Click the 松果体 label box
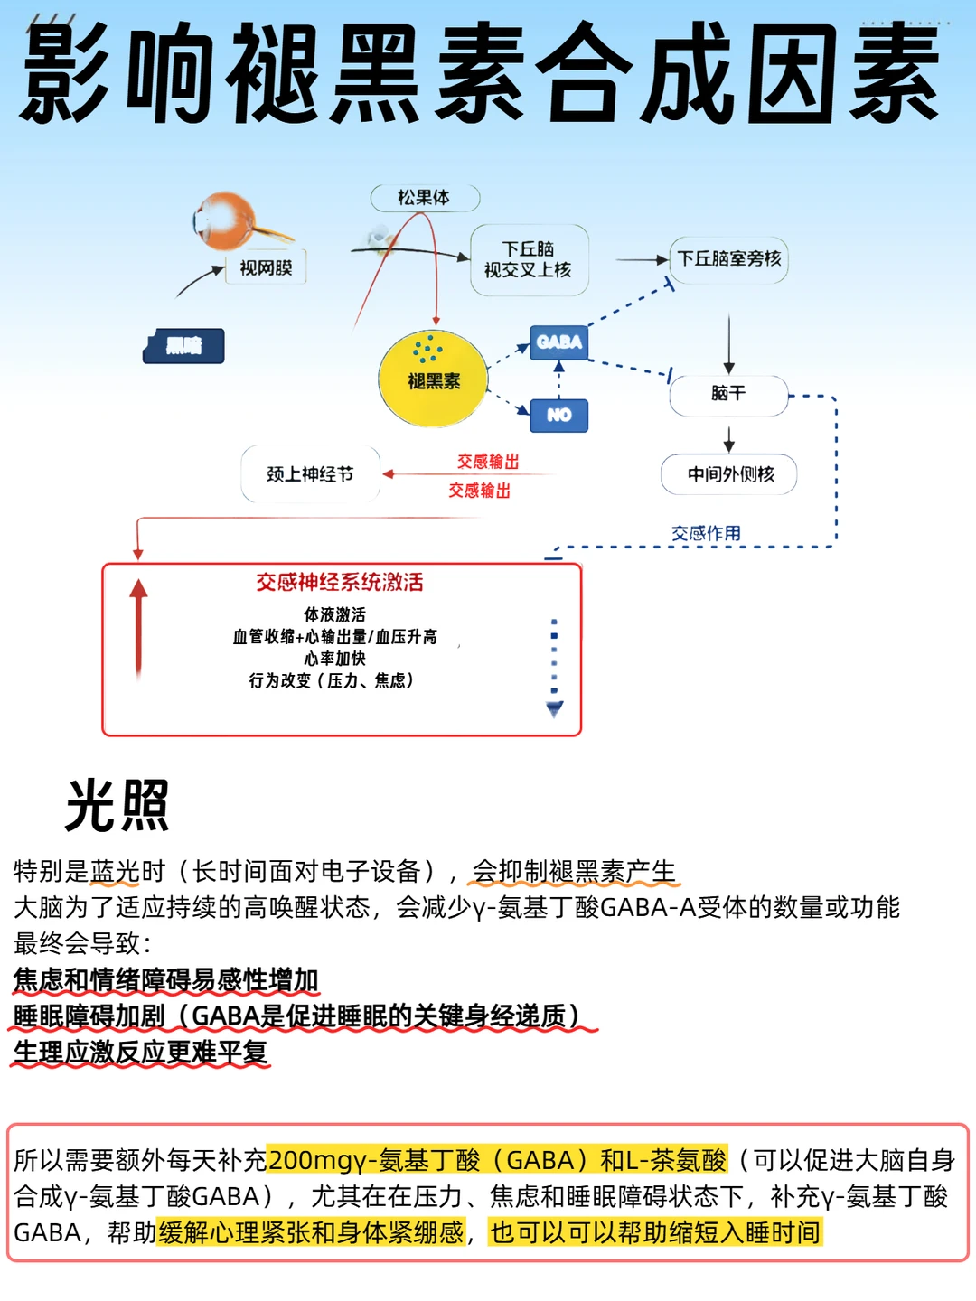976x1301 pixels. tap(424, 197)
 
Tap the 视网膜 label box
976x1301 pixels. tap(266, 267)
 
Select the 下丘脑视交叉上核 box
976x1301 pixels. tap(529, 259)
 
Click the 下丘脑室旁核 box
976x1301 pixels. tap(729, 259)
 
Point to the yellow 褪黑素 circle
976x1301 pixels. tap(434, 379)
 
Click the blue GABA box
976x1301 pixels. tap(558, 342)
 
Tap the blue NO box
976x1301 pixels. tap(558, 415)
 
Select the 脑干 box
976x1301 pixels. tap(728, 394)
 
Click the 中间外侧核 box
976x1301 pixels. tap(729, 474)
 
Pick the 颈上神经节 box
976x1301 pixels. tap(310, 474)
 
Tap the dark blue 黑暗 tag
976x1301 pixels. tap(183, 345)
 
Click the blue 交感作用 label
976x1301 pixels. tap(706, 533)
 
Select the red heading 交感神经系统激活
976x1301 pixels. tap(340, 582)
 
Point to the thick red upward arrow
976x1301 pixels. tap(138, 628)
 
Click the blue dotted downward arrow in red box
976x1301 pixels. tap(554, 669)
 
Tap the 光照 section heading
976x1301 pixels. tap(117, 805)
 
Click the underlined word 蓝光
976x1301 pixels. tap(115, 871)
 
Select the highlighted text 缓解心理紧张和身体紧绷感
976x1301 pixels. tap(311, 1232)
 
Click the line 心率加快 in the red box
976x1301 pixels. tap(335, 658)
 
